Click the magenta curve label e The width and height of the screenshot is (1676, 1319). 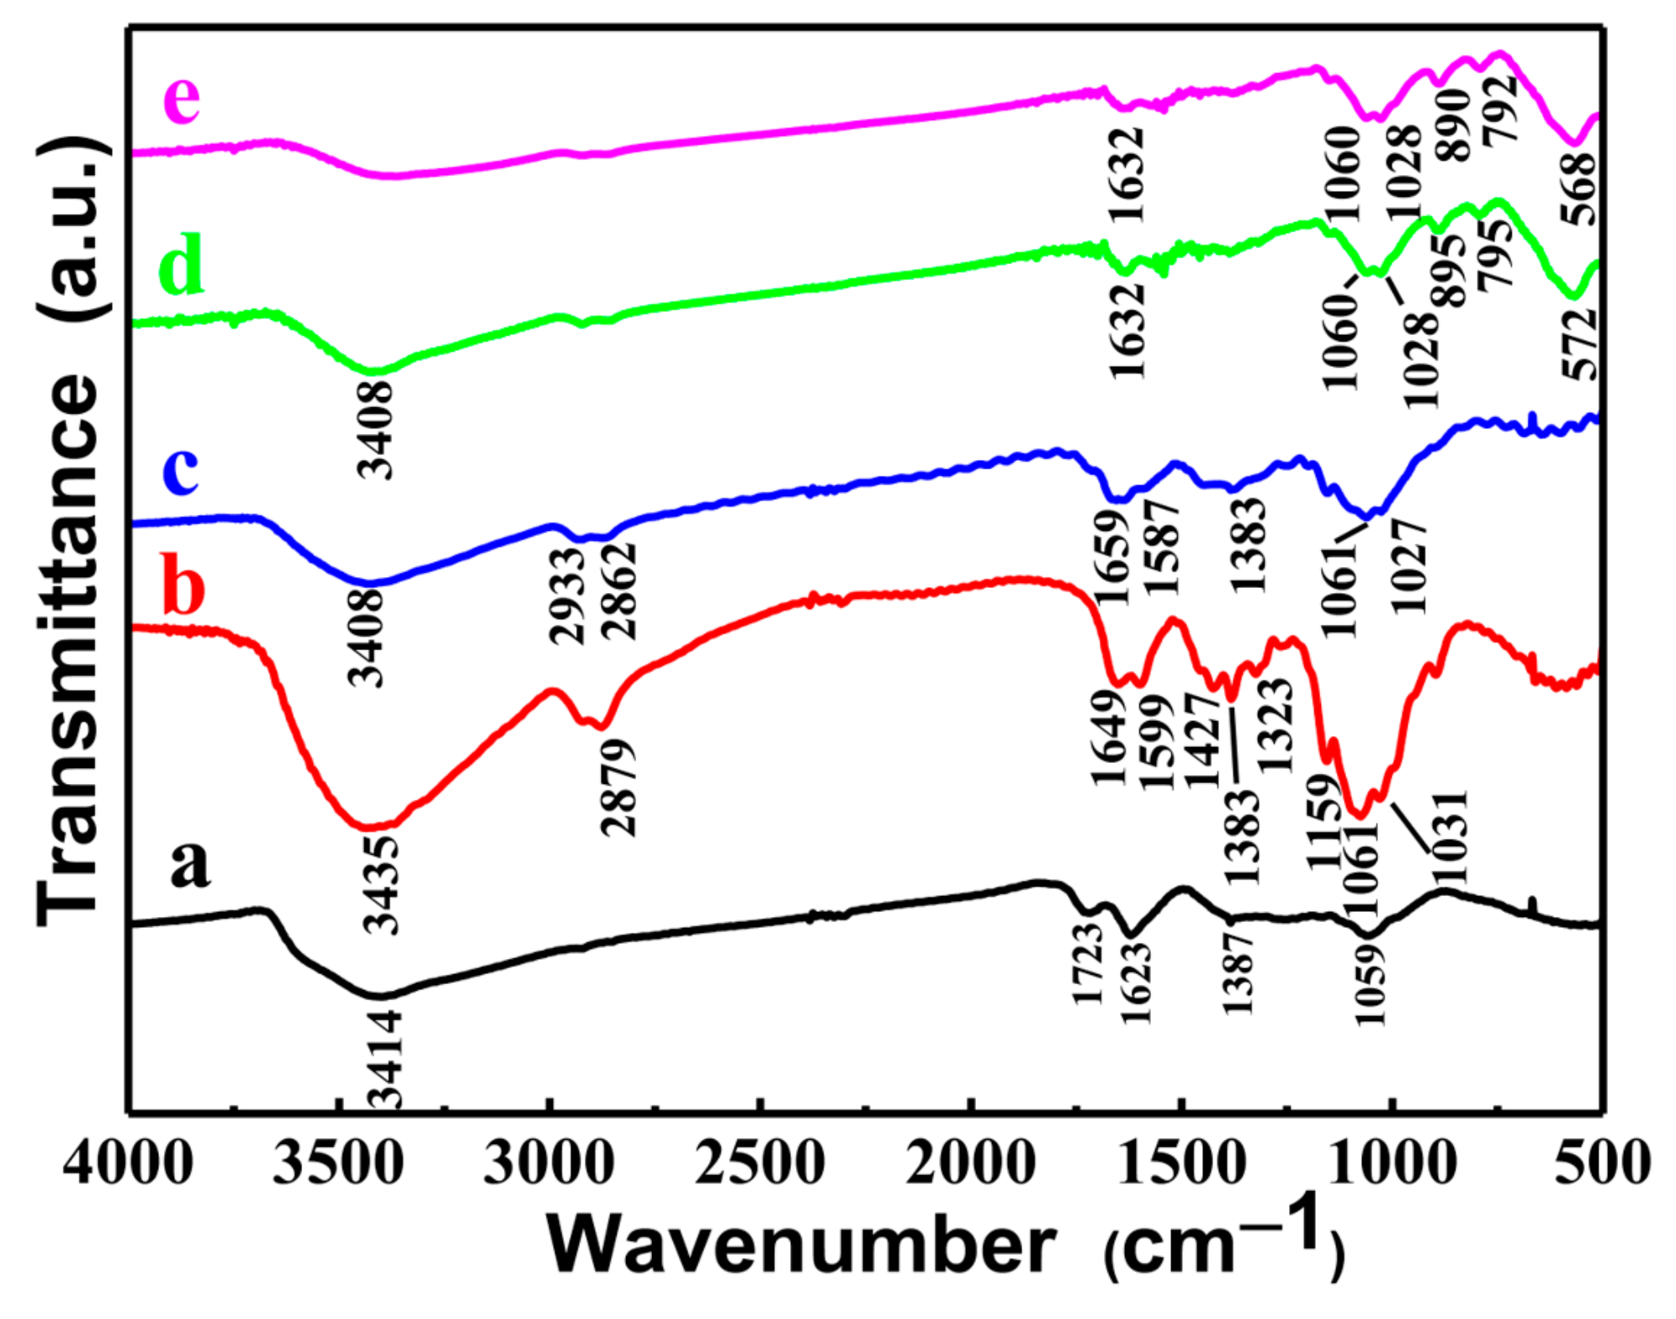tap(182, 98)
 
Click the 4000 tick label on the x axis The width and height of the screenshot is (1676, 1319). tap(128, 1163)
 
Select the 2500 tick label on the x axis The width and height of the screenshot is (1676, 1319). tap(759, 1163)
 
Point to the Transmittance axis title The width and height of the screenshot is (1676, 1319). tap(72, 529)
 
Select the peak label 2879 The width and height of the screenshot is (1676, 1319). tap(619, 787)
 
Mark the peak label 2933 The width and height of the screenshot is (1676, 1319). tap(567, 596)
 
